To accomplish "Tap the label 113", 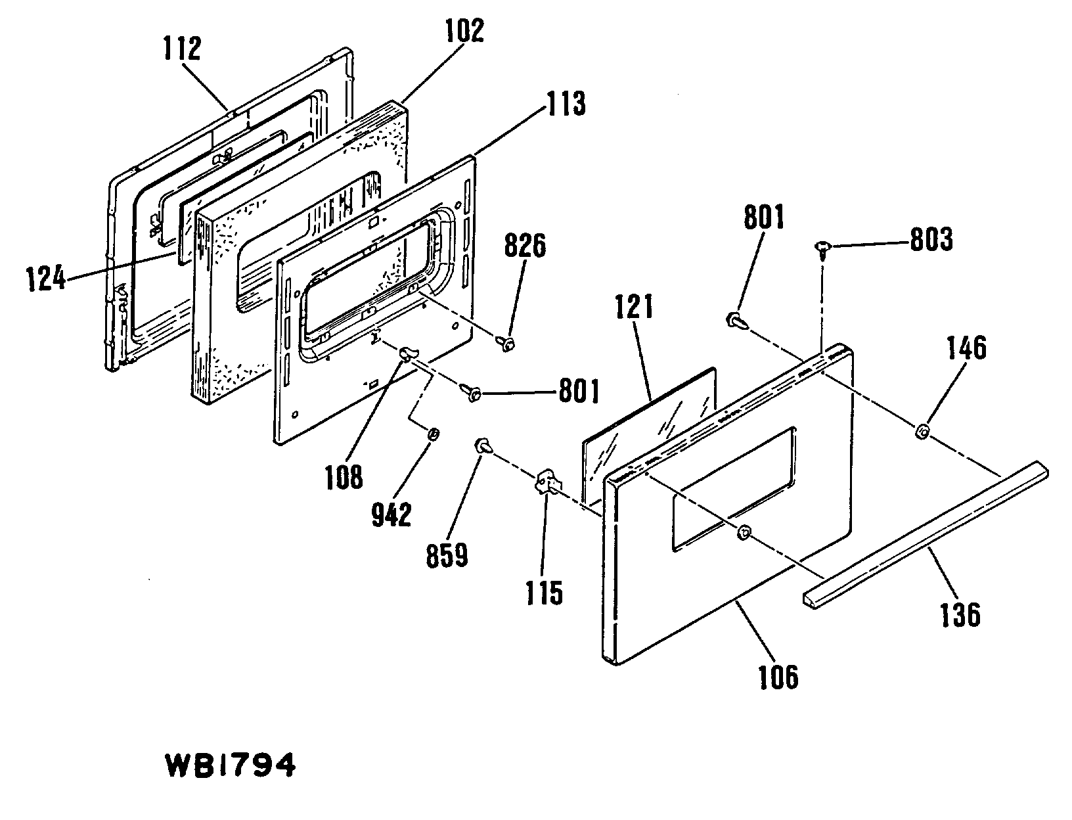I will (564, 103).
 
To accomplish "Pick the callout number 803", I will (930, 240).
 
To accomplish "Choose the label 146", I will (966, 348).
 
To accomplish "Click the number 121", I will (634, 306).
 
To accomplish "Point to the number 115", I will (544, 593).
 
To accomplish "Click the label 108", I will (344, 477).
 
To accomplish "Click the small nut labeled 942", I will (433, 434).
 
